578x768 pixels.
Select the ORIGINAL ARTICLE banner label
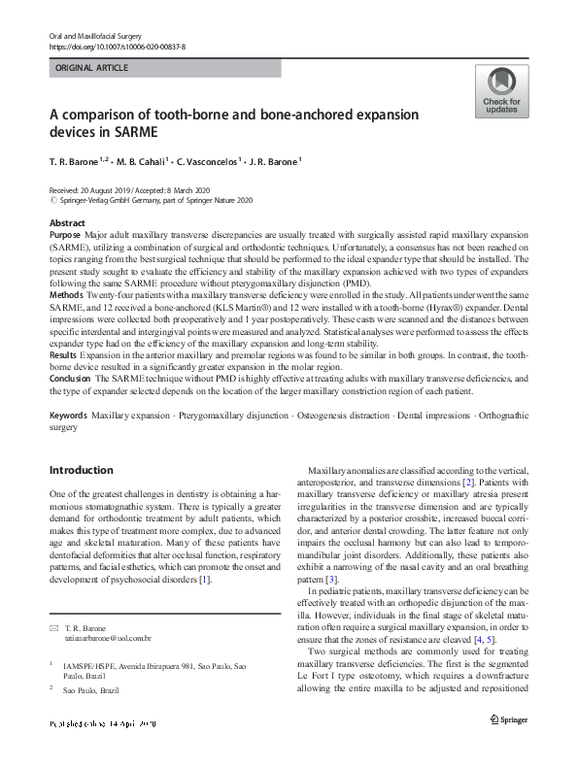pyautogui.click(x=92, y=68)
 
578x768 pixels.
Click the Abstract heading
pyautogui.click(x=67, y=223)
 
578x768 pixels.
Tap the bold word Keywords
pyautogui.click(x=69, y=415)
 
